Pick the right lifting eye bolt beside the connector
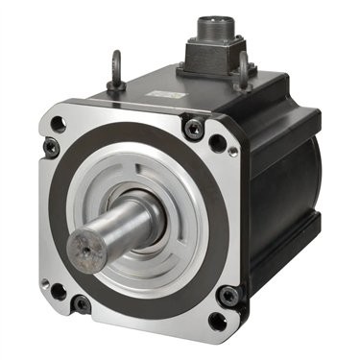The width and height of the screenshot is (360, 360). pyautogui.click(x=245, y=69)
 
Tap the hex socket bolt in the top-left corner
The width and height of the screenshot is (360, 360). pyautogui.click(x=51, y=146)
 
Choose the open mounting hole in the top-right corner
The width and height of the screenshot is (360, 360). pyautogui.click(x=218, y=143)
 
